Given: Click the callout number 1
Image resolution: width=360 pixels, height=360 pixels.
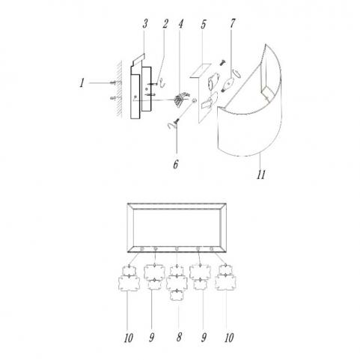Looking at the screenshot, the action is tap(82, 83).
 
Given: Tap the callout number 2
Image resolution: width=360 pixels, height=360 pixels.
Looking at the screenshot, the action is tap(165, 24).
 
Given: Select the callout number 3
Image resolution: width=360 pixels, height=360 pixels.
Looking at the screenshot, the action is tap(145, 24).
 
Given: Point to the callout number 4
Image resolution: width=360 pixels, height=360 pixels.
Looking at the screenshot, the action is tap(180, 24).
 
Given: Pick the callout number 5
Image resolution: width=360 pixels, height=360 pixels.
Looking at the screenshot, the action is tap(204, 25).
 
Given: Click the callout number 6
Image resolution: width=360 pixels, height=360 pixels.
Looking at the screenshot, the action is tap(176, 165).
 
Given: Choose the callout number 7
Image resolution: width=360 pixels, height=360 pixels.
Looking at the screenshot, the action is tap(232, 23).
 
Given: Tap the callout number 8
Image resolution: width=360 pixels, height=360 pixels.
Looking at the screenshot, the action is tap(179, 338).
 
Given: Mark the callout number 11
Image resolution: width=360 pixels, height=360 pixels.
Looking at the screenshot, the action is tap(261, 174).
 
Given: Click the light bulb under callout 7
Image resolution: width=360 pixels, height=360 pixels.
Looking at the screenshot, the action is tap(227, 85).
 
